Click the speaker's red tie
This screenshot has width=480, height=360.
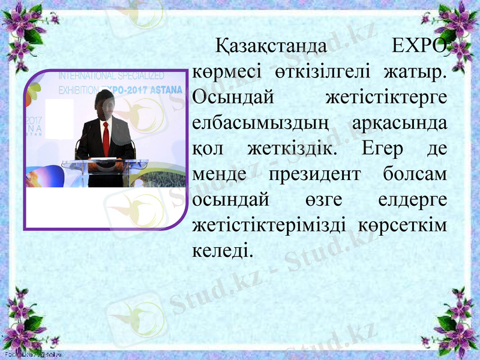pos(106,138)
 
